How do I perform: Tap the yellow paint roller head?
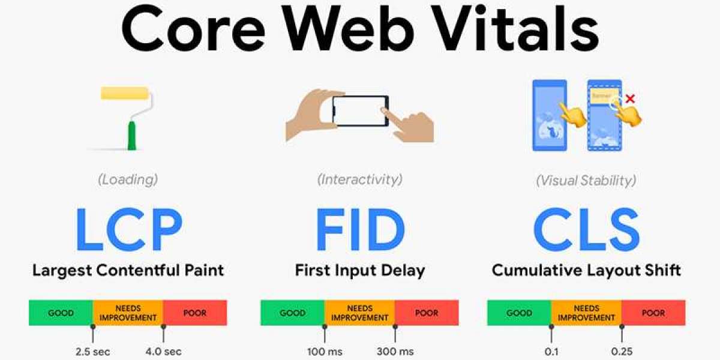[x=125, y=93]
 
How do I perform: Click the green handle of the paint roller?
[x=131, y=136]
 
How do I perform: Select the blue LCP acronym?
[x=129, y=229]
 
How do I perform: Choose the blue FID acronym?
[x=360, y=229]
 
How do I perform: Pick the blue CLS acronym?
[x=587, y=229]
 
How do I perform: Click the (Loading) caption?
[x=128, y=179]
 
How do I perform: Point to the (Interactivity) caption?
[x=360, y=179]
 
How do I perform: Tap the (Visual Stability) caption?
[x=586, y=181]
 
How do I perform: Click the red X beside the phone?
[x=631, y=98]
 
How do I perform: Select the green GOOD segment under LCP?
[x=61, y=313]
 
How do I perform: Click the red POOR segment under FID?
[x=427, y=313]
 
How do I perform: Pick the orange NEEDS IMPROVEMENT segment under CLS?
[x=587, y=313]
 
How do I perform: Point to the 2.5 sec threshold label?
[x=93, y=352]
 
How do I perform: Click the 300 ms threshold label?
[x=395, y=352]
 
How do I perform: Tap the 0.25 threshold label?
[x=622, y=352]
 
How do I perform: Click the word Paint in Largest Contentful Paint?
[x=204, y=270]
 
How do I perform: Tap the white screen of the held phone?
[x=359, y=111]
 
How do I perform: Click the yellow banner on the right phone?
[x=604, y=96]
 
